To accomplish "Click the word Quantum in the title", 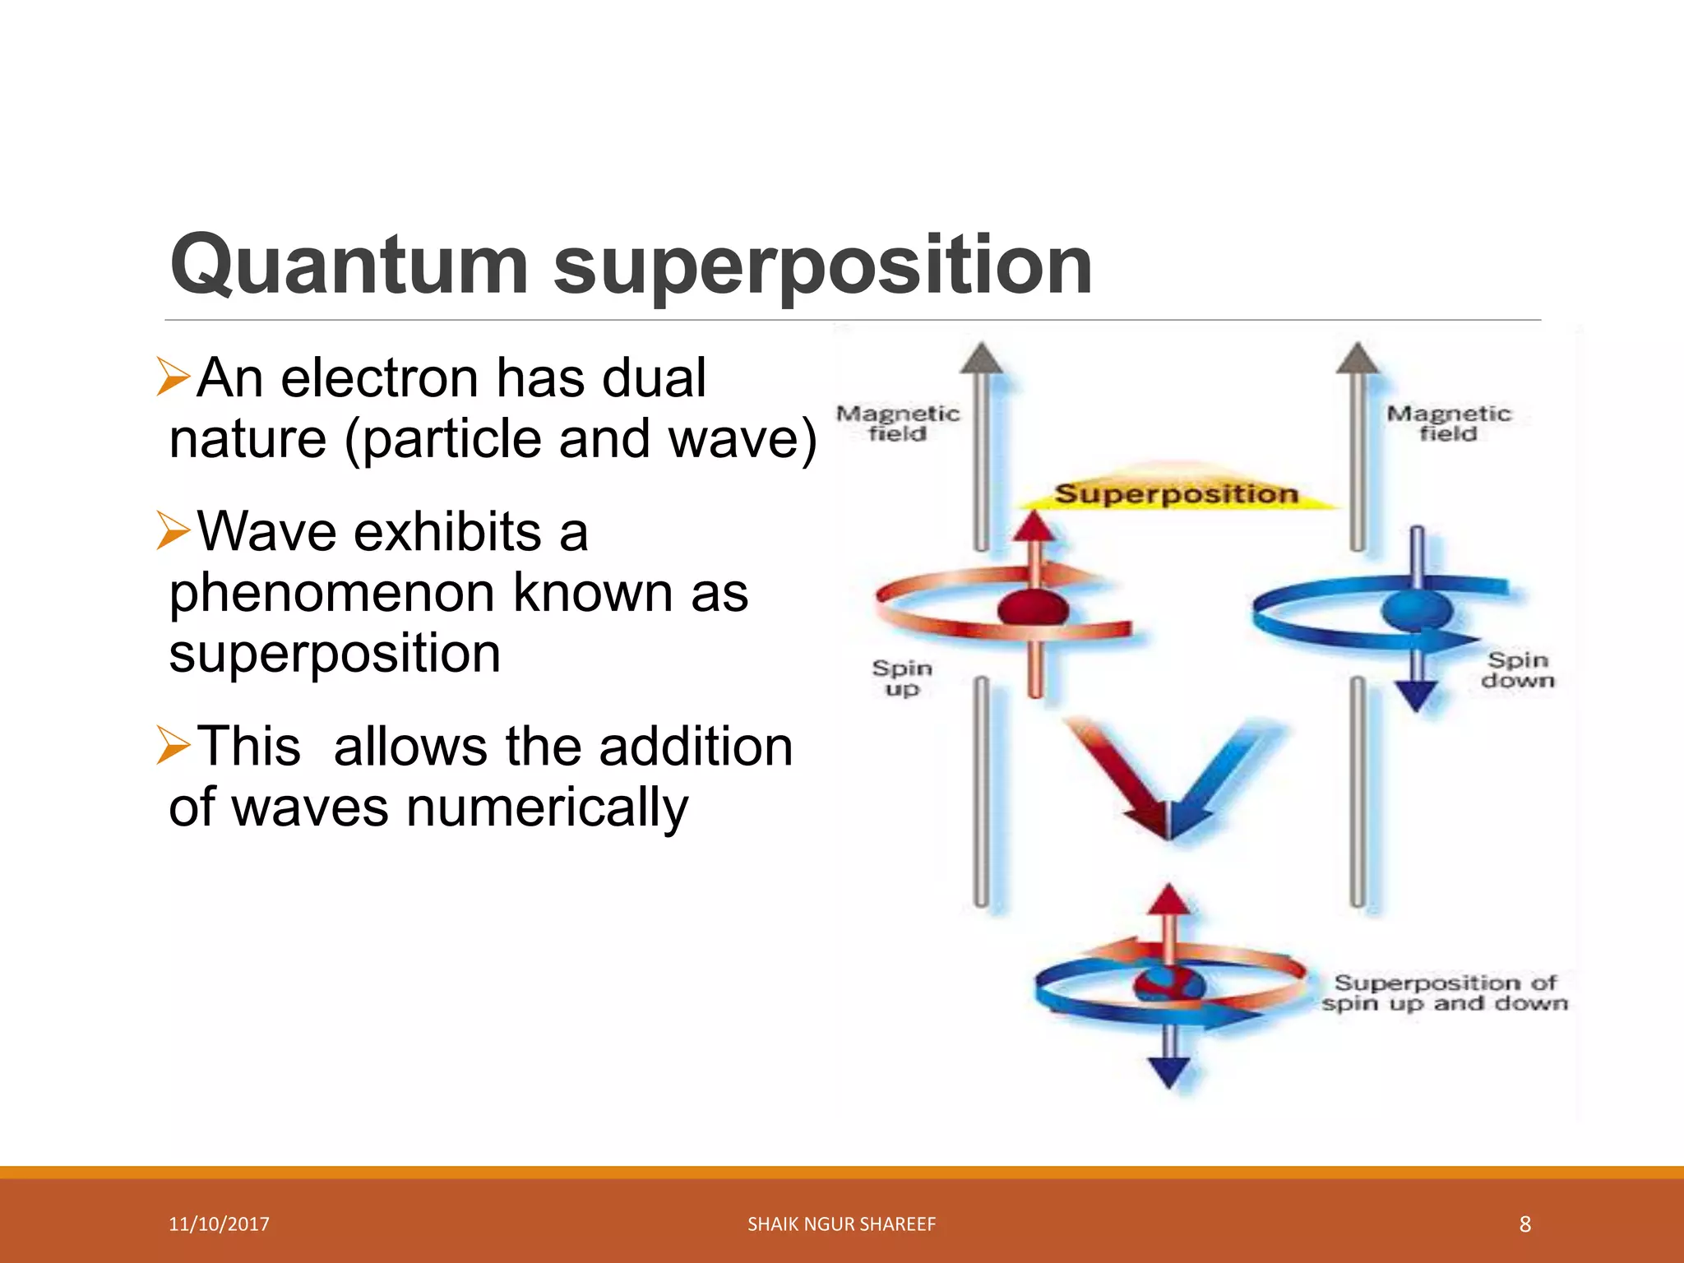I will [x=349, y=265].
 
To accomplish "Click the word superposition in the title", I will [x=822, y=265].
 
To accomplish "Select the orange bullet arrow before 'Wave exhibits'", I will [x=173, y=530].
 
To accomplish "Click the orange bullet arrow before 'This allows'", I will [x=173, y=745].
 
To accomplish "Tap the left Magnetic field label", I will [x=898, y=423].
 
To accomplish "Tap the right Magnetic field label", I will [x=1449, y=423].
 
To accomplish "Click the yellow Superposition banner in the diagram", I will [x=1176, y=493].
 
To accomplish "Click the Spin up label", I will [x=902, y=678].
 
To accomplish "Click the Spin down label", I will [x=1518, y=669].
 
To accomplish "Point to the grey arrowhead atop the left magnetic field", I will [x=982, y=359].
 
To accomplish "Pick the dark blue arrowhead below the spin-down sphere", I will [x=1417, y=697].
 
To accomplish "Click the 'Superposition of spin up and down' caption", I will [x=1446, y=992].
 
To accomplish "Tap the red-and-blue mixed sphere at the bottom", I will [x=1169, y=984].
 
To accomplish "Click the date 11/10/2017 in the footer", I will [x=219, y=1224].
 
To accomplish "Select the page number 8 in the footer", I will [x=1524, y=1224].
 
